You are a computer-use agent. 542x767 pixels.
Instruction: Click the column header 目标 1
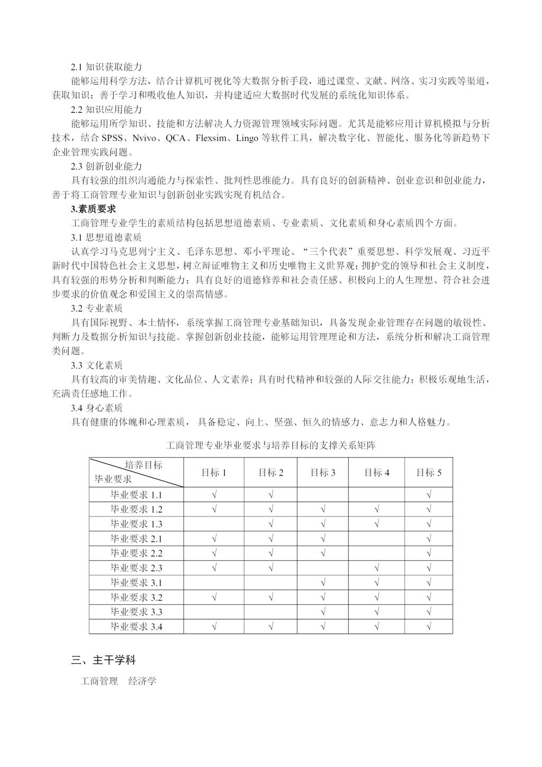tap(214, 472)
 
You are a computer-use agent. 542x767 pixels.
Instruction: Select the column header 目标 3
tap(323, 472)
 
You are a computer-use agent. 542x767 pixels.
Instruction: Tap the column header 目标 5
tap(429, 472)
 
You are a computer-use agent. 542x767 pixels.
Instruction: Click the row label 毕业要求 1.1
tap(136, 495)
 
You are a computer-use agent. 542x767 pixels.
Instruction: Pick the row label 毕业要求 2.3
tap(136, 568)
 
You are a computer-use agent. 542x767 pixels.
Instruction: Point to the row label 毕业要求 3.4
tap(136, 627)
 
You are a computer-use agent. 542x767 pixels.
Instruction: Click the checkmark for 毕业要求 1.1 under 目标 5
tap(429, 495)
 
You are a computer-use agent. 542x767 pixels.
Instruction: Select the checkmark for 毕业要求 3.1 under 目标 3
tap(323, 583)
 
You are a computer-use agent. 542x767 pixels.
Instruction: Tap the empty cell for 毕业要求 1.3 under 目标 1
tap(214, 524)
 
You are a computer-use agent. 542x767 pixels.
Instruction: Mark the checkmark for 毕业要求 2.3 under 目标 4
tap(377, 568)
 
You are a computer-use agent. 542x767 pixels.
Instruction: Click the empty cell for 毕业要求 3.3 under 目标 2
tap(270, 612)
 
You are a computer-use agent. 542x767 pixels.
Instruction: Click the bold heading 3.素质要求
tap(93, 209)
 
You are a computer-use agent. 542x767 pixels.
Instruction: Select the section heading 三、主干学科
tap(104, 661)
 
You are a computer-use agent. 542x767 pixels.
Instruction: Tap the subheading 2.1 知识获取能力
tap(106, 67)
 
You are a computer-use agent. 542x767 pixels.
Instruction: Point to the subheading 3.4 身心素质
tap(97, 408)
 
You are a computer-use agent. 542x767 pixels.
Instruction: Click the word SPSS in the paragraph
tap(112, 138)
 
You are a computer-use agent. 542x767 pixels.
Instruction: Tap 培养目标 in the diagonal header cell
tap(143, 465)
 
